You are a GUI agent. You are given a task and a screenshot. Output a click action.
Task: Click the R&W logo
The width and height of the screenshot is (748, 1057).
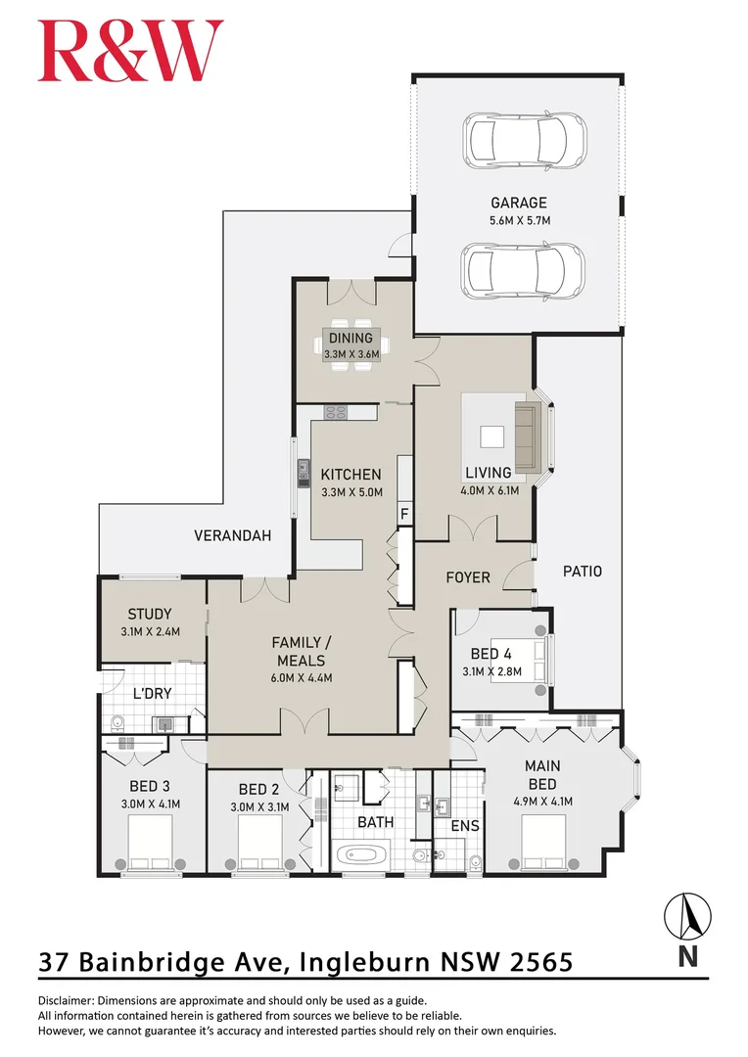pos(130,51)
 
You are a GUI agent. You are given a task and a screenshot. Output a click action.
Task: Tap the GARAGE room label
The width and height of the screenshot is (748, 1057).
pos(519,203)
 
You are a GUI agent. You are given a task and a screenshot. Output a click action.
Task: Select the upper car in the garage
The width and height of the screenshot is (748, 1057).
pos(524,139)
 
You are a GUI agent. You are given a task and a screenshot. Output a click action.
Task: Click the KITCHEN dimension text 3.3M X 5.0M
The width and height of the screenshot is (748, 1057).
pos(351,492)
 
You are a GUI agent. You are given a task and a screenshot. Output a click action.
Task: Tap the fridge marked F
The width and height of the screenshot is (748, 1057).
pos(402,514)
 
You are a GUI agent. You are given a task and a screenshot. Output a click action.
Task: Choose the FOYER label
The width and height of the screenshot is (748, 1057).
pos(467,577)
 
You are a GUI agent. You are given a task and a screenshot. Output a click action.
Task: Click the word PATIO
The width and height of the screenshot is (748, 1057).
pos(582,571)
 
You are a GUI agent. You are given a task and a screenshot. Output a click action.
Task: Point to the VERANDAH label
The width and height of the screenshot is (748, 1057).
pos(232,535)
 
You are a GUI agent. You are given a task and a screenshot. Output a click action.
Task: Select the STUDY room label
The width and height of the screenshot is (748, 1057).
pos(150,615)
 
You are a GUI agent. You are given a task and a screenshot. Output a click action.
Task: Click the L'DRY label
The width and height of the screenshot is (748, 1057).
pos(152,693)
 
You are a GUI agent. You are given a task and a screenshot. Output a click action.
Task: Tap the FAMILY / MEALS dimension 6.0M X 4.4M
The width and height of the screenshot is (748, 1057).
pos(304,677)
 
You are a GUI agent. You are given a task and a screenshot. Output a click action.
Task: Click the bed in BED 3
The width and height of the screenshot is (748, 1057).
pos(150,842)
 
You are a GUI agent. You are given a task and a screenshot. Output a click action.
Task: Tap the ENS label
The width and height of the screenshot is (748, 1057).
pos(464,826)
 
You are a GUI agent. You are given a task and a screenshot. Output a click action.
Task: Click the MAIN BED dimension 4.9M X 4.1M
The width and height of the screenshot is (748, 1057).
pos(541,801)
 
